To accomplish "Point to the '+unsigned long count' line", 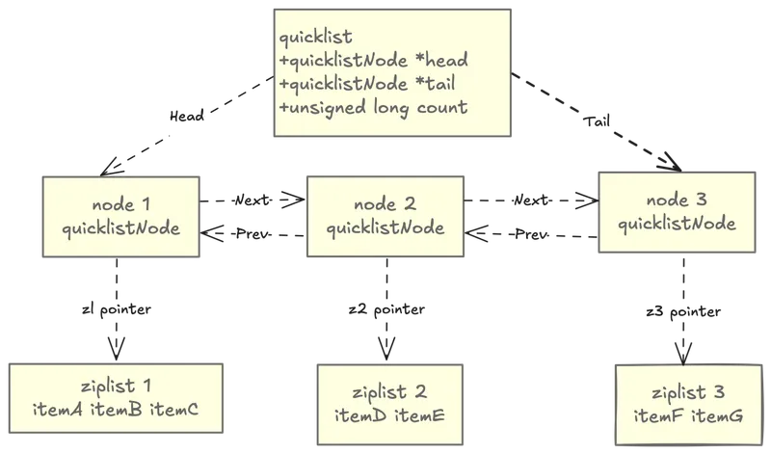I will [373, 107].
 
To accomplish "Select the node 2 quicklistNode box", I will [385, 217].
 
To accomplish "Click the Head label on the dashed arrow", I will [184, 116].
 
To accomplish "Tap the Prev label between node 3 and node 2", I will [530, 234].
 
